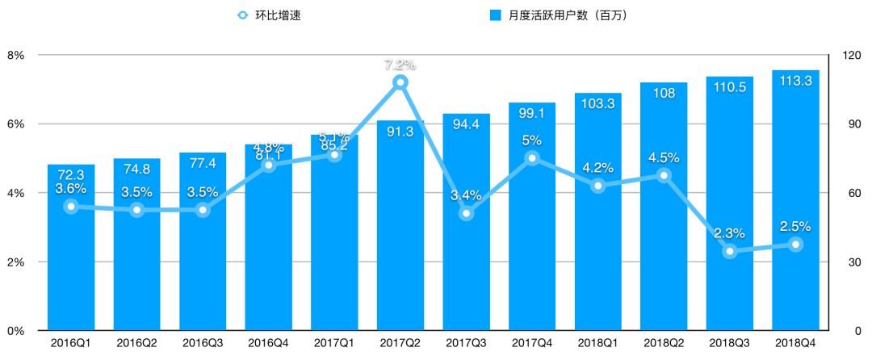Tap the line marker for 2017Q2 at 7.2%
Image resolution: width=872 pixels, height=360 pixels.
pyautogui.click(x=400, y=82)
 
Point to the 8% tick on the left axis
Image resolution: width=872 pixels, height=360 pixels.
pyautogui.click(x=17, y=56)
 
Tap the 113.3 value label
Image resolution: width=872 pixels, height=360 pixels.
pyautogui.click(x=795, y=80)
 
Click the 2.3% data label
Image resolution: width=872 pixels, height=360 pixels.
pyautogui.click(x=730, y=233)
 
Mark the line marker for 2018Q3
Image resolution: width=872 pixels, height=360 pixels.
pyautogui.click(x=730, y=252)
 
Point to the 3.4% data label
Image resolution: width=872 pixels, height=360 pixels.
pyautogui.click(x=466, y=195)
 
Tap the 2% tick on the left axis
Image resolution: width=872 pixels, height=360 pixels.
pyautogui.click(x=17, y=262)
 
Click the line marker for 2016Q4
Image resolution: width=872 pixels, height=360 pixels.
pyautogui.click(x=268, y=165)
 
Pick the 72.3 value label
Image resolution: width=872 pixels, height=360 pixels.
pyautogui.click(x=71, y=174)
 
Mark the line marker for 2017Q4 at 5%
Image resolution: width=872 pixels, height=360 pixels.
pyautogui.click(x=532, y=158)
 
